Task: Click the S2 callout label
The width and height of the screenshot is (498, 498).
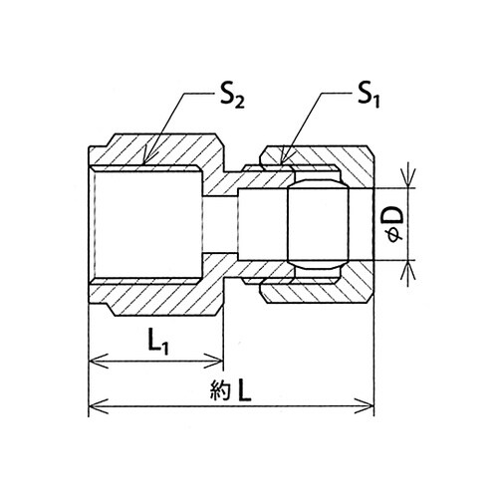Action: click(x=232, y=98)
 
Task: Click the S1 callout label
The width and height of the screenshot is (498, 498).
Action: click(x=369, y=98)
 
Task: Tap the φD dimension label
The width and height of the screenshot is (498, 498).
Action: click(x=395, y=224)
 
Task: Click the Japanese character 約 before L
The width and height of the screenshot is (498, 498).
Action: click(x=220, y=391)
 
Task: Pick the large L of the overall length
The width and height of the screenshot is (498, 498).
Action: click(x=244, y=390)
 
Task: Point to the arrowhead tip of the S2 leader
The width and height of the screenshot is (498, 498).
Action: click(x=143, y=163)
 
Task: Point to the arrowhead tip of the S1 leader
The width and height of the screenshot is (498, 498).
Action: click(x=281, y=163)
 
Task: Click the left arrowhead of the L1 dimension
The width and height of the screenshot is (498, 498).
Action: click(x=89, y=361)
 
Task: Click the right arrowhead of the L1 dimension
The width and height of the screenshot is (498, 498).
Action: click(x=223, y=361)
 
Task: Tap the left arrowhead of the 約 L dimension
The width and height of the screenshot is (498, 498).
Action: click(x=89, y=405)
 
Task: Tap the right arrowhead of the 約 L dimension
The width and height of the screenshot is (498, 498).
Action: click(x=373, y=405)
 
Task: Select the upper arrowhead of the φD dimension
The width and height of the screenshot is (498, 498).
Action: click(x=408, y=187)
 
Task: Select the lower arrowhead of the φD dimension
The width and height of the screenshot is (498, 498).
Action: click(x=408, y=260)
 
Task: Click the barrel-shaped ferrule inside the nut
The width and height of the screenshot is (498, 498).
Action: click(x=318, y=224)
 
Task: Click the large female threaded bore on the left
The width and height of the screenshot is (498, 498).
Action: click(x=145, y=224)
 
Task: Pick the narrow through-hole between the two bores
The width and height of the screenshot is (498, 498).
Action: click(x=219, y=224)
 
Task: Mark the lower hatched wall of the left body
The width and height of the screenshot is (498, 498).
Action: click(x=156, y=296)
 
